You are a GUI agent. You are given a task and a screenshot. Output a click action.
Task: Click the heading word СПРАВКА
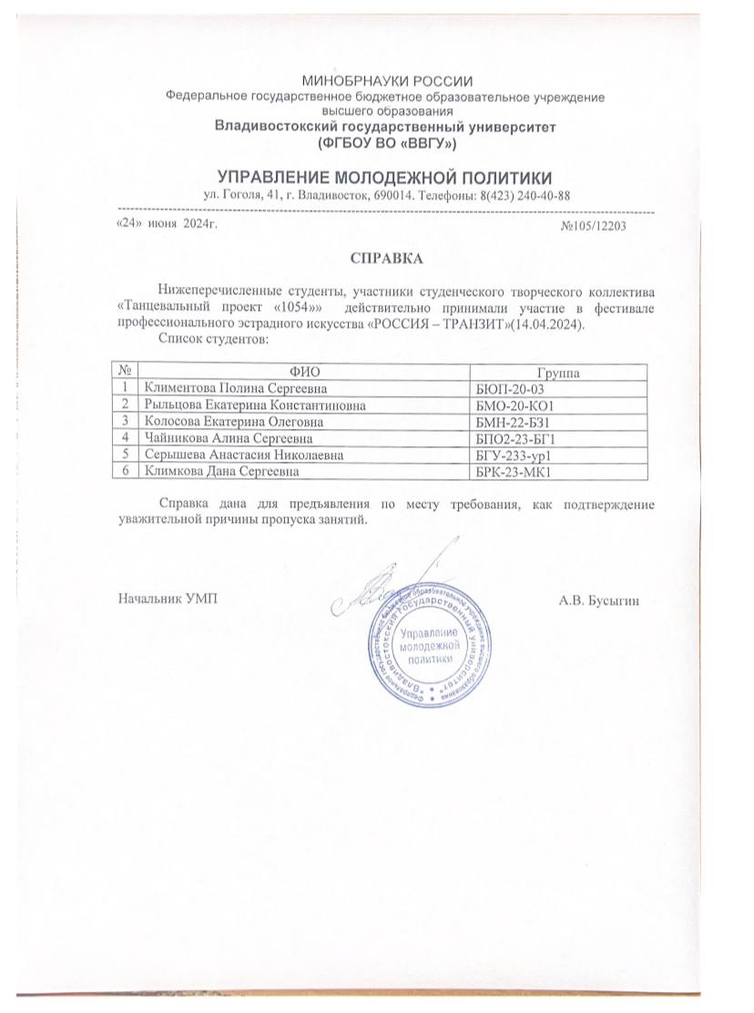pos(387,259)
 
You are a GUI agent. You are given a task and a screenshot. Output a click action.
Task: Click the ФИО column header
pos(305,373)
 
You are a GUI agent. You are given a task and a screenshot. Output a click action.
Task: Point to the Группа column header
pos(559,373)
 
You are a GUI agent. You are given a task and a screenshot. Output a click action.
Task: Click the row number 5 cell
pos(127,455)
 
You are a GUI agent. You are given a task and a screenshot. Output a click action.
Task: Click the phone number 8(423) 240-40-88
pos(522,195)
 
